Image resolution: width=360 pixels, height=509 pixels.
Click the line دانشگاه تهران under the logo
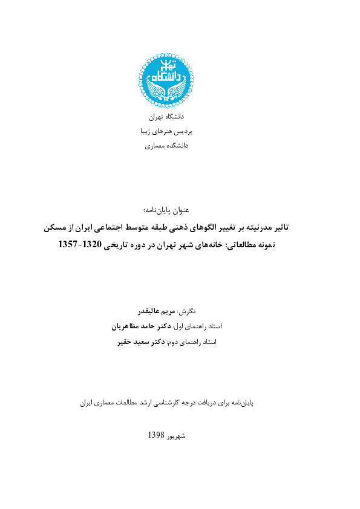coord(166,115)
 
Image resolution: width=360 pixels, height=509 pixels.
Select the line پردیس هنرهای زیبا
coord(166,130)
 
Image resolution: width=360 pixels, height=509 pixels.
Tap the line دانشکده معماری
coord(166,146)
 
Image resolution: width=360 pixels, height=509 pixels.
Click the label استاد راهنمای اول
coord(197,326)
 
